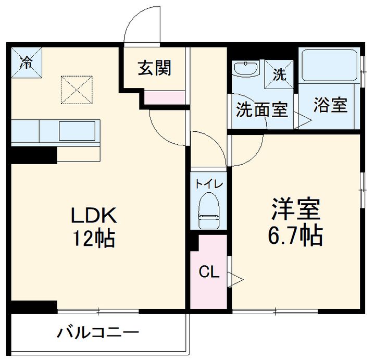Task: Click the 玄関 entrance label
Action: point(154,68)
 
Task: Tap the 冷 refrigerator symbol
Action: point(26,63)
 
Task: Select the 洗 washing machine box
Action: point(280,73)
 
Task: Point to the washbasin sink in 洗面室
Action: point(246,69)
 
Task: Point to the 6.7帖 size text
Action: point(295,235)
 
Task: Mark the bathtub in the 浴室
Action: point(329,65)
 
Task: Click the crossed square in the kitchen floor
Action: point(77,90)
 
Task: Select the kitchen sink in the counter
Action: point(77,131)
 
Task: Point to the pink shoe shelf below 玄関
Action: point(165,97)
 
